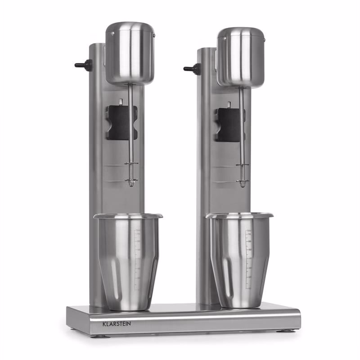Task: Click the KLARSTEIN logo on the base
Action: pyautogui.click(x=117, y=324)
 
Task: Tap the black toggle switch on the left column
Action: pyautogui.click(x=84, y=64)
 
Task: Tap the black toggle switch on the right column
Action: pyautogui.click(x=193, y=68)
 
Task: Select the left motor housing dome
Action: pyautogui.click(x=130, y=53)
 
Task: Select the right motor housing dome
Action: pyautogui.click(x=241, y=58)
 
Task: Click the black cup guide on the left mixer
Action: pyautogui.click(x=121, y=123)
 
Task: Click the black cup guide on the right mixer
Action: pyautogui.click(x=230, y=125)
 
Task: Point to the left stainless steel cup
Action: pyautogui.click(x=128, y=262)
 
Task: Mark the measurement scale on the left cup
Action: pyautogui.click(x=137, y=260)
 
